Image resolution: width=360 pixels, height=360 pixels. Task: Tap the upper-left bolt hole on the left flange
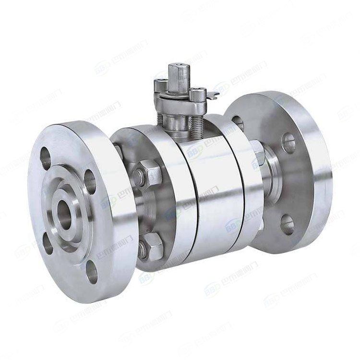(46, 158)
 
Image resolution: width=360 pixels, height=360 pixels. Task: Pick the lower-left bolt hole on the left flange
(48, 244)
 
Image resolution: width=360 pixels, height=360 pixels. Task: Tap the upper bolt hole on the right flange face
(288, 142)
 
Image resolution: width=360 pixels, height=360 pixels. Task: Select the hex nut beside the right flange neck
(258, 154)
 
